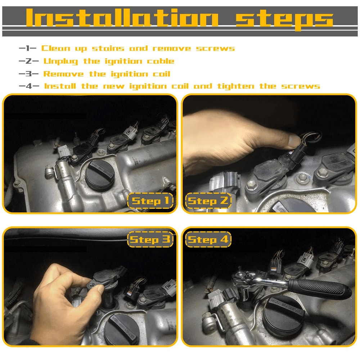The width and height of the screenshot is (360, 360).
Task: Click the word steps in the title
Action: pos(284,19)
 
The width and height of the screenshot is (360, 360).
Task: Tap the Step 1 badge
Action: pos(151,201)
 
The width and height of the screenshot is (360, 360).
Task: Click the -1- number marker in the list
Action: pos(28,48)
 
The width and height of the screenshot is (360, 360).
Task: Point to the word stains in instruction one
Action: pos(108,48)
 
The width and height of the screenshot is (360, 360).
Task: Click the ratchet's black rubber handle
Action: pos(320,288)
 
